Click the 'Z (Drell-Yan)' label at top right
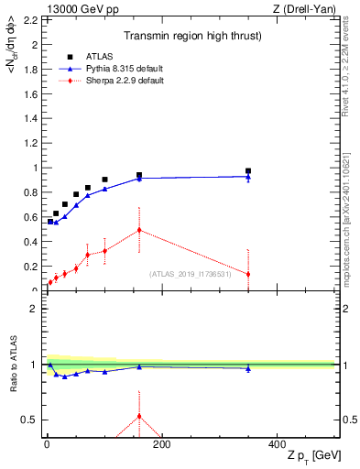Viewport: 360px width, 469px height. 305,9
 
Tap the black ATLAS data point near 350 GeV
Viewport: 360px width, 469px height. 248,170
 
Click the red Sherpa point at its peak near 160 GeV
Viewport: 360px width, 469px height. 139,230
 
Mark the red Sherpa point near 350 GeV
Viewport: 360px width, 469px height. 248,274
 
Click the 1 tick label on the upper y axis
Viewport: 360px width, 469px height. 35,168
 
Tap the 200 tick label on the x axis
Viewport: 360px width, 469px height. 162,443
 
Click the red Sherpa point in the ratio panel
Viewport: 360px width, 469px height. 139,416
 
